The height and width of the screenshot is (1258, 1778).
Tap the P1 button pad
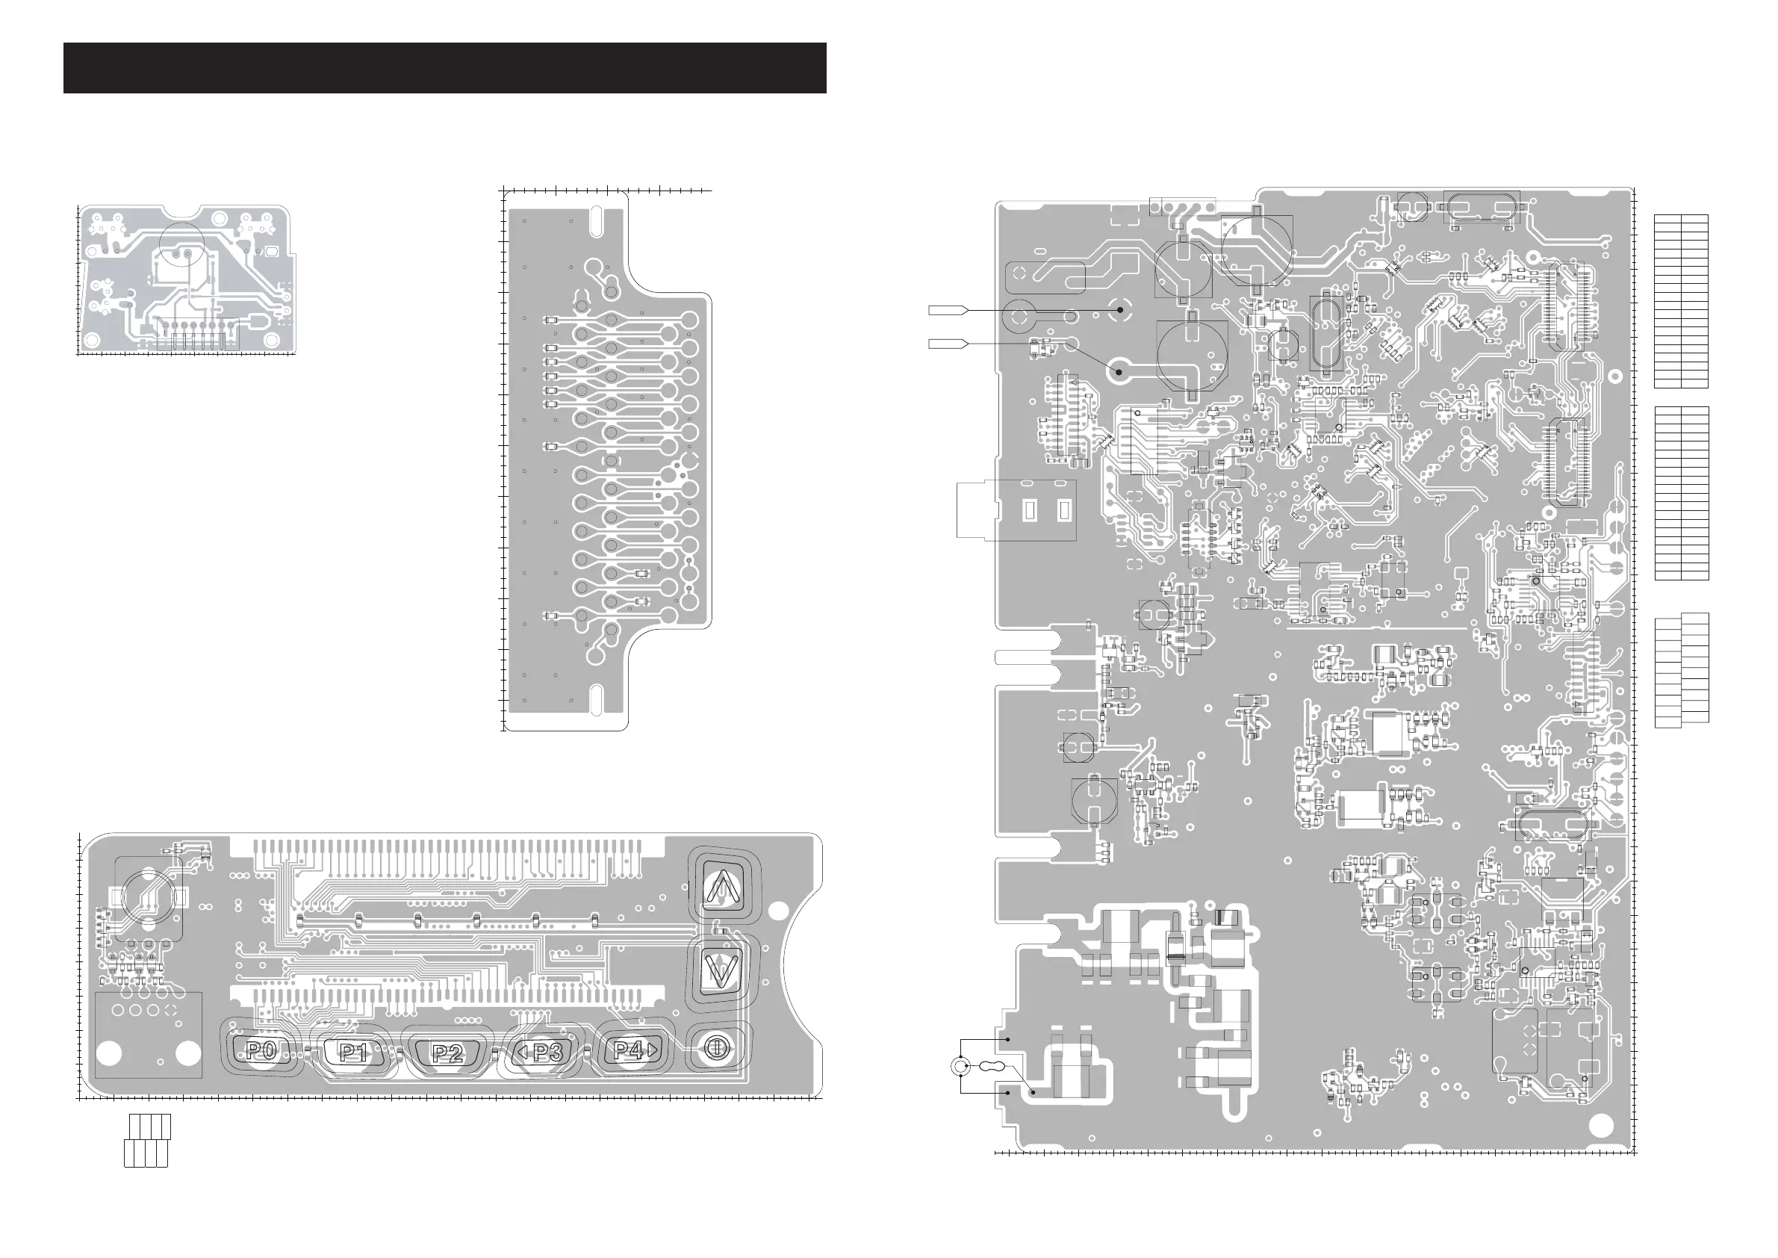[353, 1052]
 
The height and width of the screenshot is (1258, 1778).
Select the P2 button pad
[447, 1053]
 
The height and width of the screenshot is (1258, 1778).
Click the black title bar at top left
[444, 68]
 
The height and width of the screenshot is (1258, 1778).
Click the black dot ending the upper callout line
[1120, 309]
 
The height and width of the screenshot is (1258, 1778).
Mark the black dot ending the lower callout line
[1119, 372]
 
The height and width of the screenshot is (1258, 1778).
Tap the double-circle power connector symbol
[960, 1068]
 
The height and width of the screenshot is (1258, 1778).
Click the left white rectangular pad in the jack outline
[1030, 510]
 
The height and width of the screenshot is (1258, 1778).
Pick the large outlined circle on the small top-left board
[181, 246]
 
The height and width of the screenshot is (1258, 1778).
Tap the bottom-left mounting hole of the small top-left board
[91, 340]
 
